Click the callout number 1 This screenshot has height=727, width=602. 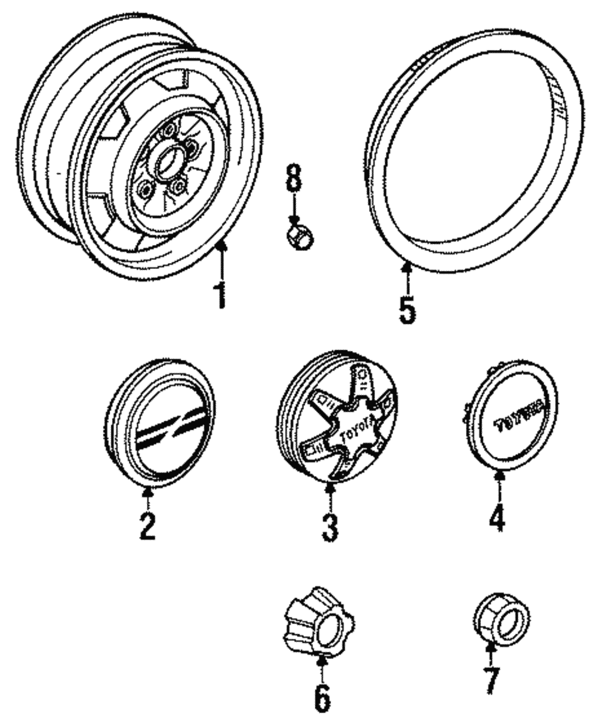pos(221,294)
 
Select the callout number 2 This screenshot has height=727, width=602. pos(147,524)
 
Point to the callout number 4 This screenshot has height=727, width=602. pos(497,516)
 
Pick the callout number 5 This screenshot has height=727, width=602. pos(407,308)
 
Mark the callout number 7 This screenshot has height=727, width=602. pos(491,679)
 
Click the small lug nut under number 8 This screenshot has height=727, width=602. pos(299,235)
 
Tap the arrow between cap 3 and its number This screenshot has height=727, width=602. pos(330,495)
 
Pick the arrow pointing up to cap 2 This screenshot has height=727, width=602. pos(147,498)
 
